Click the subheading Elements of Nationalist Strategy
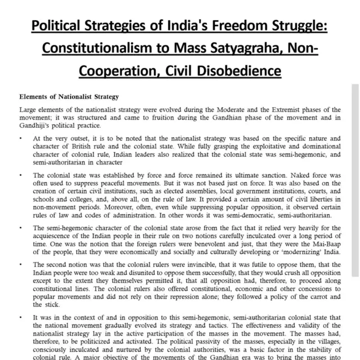point(68,97)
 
